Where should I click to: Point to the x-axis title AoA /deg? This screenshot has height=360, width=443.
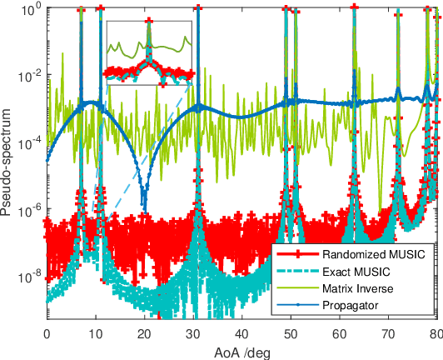click(x=242, y=352)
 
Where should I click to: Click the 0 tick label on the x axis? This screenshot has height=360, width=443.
click(x=47, y=332)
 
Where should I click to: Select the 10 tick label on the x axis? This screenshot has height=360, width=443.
click(x=96, y=332)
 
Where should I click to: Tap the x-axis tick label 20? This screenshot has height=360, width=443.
click(x=145, y=332)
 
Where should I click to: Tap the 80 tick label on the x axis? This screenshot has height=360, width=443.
click(x=435, y=332)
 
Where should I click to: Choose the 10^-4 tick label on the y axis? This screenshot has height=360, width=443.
click(x=29, y=142)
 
